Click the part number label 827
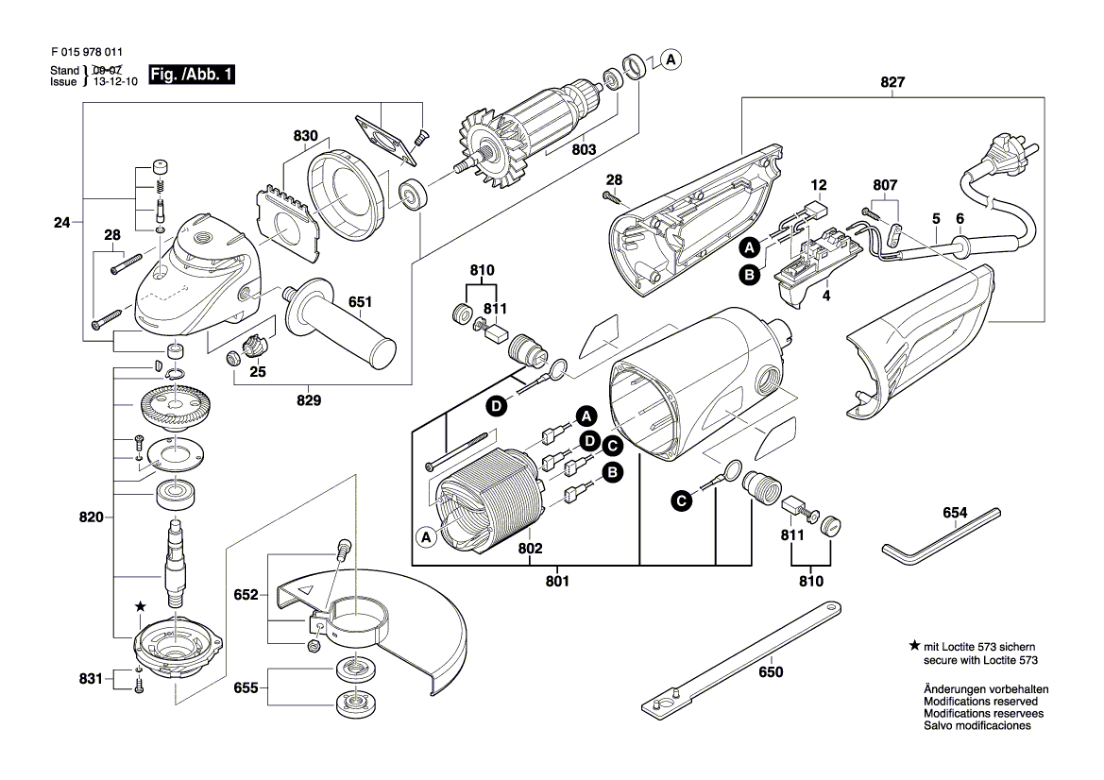click(892, 82)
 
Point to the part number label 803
click(584, 149)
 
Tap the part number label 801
click(557, 582)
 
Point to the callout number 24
click(62, 224)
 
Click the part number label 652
click(246, 595)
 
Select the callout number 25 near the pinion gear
click(258, 372)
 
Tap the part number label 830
click(305, 136)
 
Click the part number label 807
click(885, 185)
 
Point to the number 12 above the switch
click(818, 185)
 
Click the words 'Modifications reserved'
click(980, 702)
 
